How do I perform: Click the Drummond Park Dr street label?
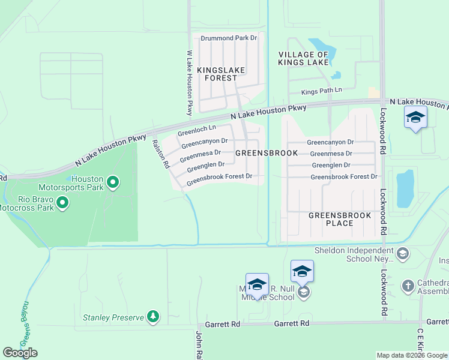click(229, 38)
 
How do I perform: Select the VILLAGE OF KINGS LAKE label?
click(303, 58)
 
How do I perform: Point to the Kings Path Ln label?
click(321, 91)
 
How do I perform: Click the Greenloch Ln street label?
click(196, 131)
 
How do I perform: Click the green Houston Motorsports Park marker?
click(113, 181)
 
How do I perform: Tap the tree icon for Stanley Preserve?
click(153, 316)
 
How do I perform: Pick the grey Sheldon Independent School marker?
click(402, 254)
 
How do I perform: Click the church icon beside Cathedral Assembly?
click(408, 286)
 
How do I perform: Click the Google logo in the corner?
click(20, 353)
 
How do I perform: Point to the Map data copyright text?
click(411, 355)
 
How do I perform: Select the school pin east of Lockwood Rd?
click(415, 116)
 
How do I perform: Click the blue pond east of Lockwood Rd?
click(405, 188)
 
